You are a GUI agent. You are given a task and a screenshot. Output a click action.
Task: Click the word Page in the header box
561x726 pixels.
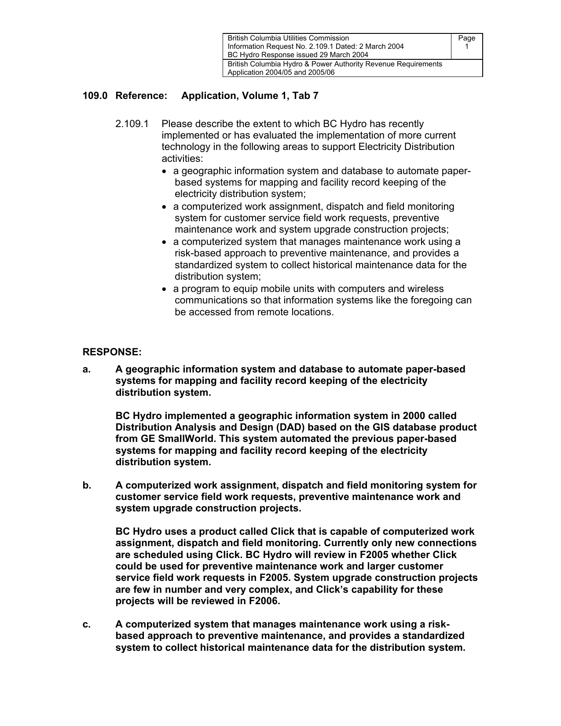(x=466, y=38)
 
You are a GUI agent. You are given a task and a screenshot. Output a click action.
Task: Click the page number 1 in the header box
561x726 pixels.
(x=467, y=46)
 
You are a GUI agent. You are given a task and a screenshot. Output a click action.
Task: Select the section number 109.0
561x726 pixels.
(x=95, y=96)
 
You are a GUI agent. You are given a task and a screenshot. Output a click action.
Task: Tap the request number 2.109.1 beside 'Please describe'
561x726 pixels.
(x=132, y=124)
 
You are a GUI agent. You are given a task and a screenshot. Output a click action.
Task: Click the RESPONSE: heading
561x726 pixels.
(x=112, y=352)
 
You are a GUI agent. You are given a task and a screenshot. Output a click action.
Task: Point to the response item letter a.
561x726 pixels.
(x=86, y=369)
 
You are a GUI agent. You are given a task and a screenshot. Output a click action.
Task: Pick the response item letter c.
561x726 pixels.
(x=86, y=624)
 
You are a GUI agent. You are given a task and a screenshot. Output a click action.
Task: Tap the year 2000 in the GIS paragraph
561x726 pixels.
(x=414, y=416)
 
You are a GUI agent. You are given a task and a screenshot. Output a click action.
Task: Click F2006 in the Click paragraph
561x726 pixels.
(x=264, y=601)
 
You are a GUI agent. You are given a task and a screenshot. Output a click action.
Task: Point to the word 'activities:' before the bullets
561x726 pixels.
(x=182, y=158)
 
